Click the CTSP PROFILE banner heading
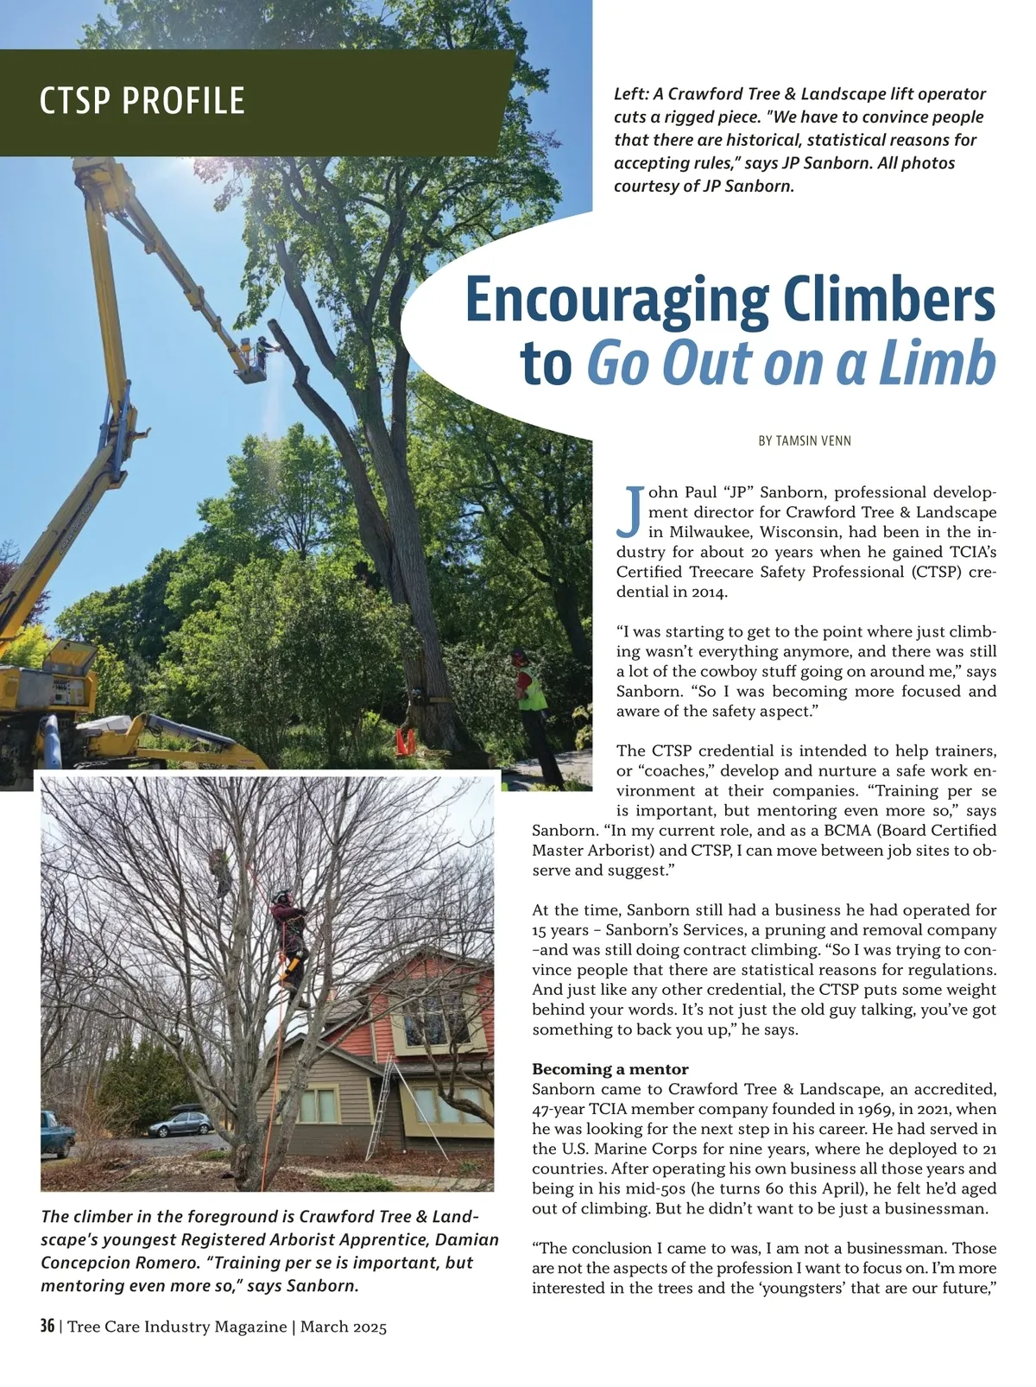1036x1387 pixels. [142, 101]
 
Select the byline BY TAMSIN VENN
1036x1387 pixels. [805, 440]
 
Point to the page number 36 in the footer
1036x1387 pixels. [47, 1326]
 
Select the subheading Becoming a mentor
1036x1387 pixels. [610, 1069]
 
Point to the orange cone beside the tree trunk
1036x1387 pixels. [406, 740]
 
